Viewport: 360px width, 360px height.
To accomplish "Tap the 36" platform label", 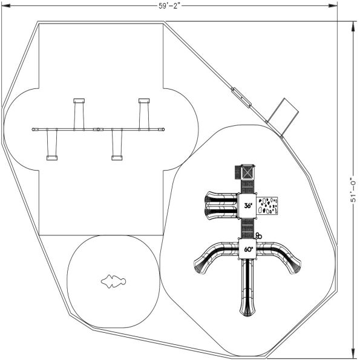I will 248,206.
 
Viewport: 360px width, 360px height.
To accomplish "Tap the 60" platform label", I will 248,249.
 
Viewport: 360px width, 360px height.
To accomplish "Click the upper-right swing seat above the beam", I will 144,100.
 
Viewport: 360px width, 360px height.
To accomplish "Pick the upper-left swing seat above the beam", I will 79,100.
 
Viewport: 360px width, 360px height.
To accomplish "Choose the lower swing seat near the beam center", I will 117,158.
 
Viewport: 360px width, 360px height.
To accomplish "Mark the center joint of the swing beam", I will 97,129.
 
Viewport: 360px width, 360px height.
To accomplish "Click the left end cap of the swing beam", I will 32,129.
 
